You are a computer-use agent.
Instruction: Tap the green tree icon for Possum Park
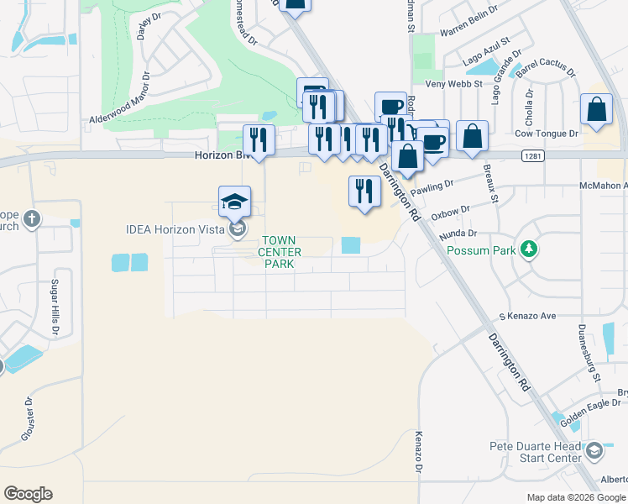coord(529,249)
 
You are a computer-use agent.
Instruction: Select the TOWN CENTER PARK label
coord(278,252)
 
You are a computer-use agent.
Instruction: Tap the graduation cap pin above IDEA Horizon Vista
coord(234,202)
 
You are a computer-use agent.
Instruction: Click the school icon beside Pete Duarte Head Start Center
coord(594,451)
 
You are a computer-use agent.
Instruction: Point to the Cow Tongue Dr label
coord(547,133)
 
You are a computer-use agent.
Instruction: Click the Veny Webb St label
coord(454,83)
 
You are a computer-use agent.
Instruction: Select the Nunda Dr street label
coord(459,233)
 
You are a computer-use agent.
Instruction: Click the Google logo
coord(28,494)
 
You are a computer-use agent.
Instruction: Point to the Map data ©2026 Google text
coord(575,497)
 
